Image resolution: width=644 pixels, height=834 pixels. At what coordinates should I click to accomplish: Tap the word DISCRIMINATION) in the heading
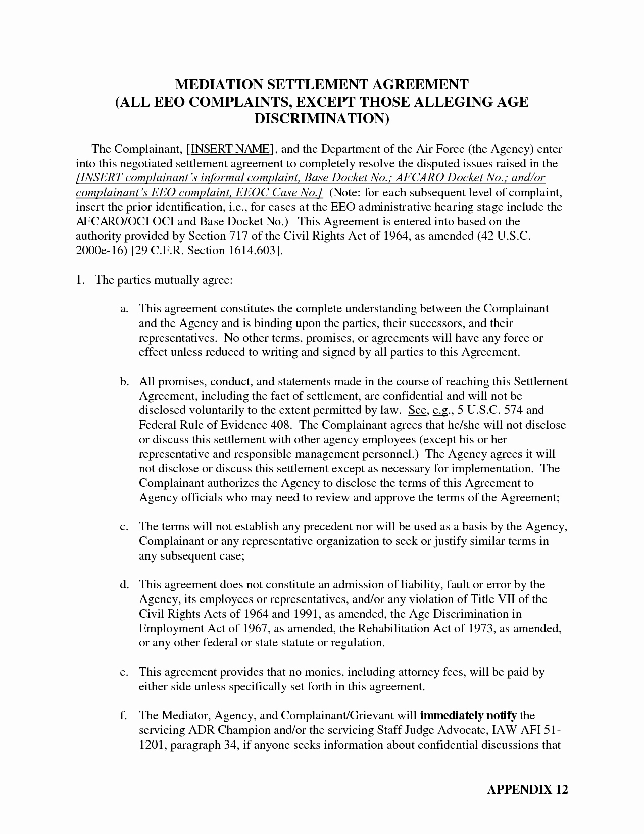(322, 118)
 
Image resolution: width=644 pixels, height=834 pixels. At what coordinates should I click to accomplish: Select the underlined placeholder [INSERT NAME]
(230, 149)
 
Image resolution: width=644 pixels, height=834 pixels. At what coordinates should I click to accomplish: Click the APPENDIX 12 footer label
(527, 790)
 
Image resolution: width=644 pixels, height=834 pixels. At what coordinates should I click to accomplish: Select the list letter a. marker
(124, 309)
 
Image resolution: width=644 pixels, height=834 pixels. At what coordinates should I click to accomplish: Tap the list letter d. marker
(124, 585)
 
